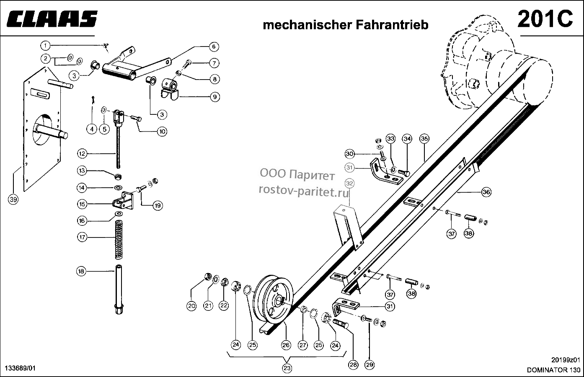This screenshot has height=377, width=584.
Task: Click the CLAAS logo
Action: pos(52,19)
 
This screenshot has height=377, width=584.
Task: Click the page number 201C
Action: pos(545,19)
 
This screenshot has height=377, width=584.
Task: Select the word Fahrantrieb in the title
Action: pos(392,25)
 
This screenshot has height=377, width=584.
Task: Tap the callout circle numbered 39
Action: pos(13,199)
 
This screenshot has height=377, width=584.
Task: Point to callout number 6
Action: pos(214,46)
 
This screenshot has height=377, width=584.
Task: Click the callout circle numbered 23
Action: pos(287,368)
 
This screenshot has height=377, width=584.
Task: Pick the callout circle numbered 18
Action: pos(81,271)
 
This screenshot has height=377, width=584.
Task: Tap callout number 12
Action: pos(82,154)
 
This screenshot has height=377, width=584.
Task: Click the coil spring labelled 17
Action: pos(119,240)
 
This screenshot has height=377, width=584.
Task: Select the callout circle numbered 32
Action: pos(350,183)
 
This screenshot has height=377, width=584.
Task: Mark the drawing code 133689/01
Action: pos(21,368)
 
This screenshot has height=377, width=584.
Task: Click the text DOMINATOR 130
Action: pos(553,370)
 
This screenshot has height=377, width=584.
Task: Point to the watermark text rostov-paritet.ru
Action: pos(304,192)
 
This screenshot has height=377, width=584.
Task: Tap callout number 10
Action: pos(162,132)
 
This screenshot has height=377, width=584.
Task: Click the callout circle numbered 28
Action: pos(353,364)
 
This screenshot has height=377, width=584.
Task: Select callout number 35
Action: pos(424,138)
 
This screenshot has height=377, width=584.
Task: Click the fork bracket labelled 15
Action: pos(123,200)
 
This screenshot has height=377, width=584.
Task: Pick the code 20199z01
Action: pos(566,360)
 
